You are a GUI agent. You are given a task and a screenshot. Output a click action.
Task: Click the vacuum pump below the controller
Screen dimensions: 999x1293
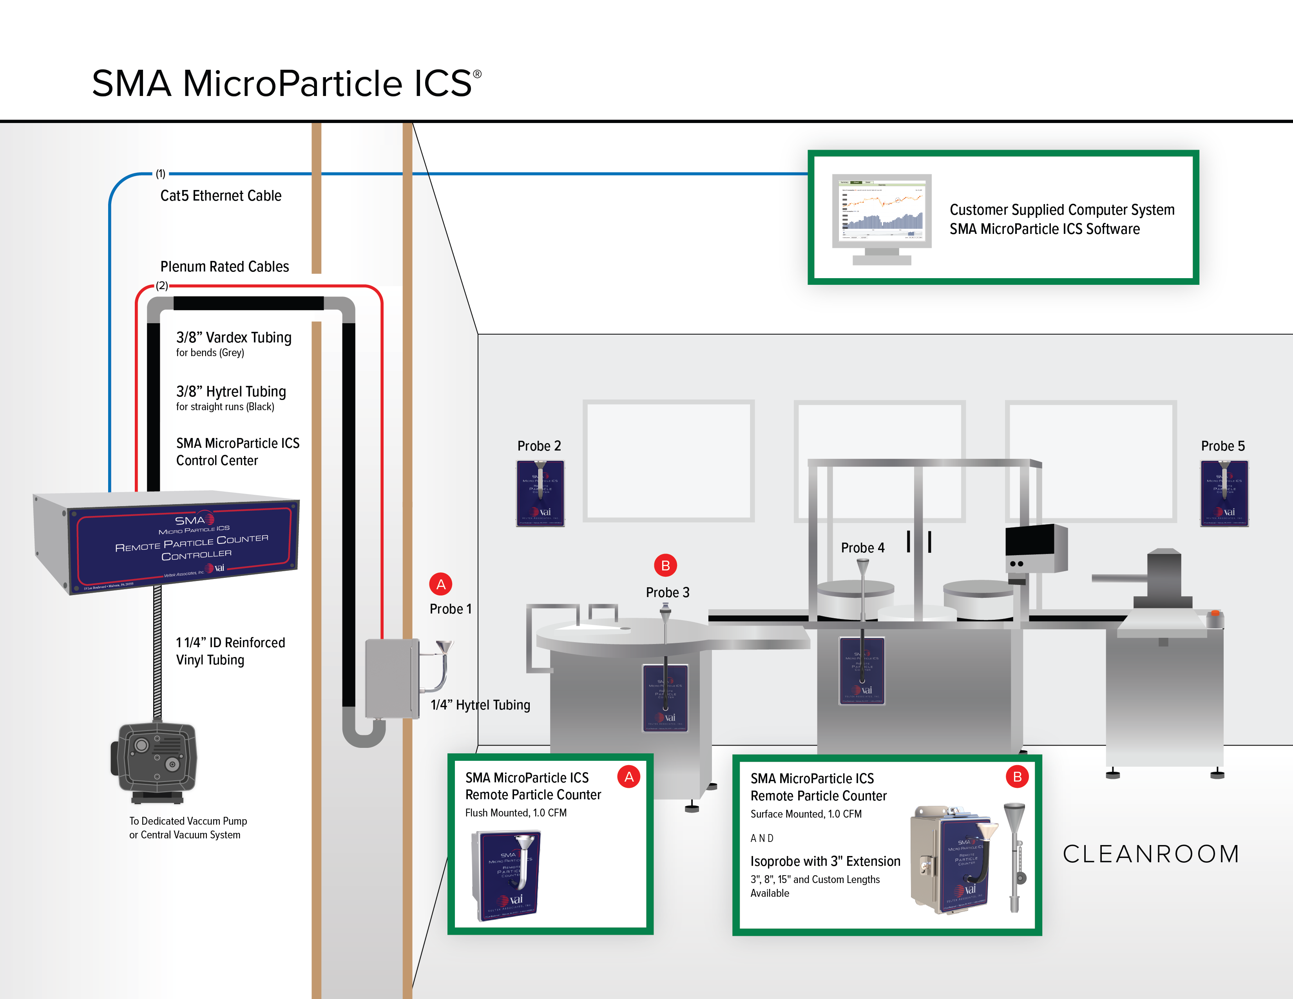[155, 760]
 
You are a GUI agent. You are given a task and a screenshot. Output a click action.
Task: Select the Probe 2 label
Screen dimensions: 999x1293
[539, 446]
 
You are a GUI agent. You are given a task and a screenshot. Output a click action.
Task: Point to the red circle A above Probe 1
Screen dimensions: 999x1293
[440, 585]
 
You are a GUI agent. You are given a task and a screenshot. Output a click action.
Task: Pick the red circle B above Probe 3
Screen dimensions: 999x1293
[665, 566]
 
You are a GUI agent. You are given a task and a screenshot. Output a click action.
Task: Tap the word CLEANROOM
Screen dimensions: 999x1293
[1151, 854]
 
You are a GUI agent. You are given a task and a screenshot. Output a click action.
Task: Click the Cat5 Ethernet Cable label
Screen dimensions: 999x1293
[221, 196]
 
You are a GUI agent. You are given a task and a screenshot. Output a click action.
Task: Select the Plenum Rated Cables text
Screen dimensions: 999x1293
[225, 267]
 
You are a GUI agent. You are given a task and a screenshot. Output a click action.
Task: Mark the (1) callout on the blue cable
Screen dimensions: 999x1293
[160, 174]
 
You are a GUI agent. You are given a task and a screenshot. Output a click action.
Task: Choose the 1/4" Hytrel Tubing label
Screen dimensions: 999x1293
[480, 705]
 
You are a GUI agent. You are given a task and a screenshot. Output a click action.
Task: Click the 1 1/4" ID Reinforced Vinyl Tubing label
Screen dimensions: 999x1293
[230, 651]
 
